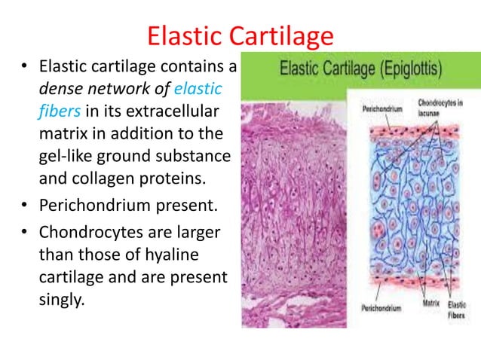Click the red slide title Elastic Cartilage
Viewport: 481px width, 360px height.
tap(240, 36)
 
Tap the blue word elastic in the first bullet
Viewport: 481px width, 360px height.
tap(198, 90)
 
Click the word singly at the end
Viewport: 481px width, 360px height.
tap(59, 299)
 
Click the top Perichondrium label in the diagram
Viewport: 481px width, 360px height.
tap(379, 108)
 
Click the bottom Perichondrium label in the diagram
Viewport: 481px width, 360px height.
tap(379, 308)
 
